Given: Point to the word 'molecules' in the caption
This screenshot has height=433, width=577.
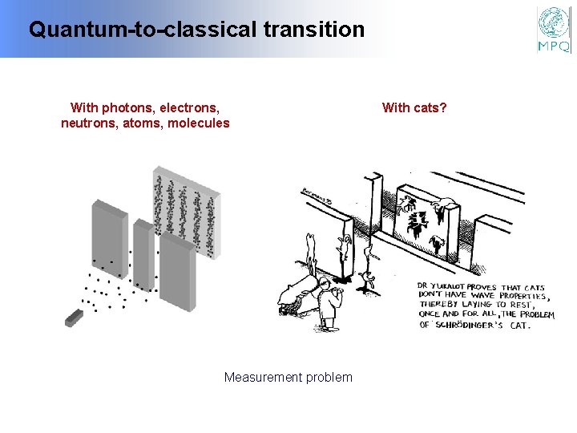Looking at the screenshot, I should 199,123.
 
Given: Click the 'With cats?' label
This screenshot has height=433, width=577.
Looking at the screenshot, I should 414,107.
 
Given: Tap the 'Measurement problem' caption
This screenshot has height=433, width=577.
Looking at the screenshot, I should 288,377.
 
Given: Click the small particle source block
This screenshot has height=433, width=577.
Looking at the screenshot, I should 74,317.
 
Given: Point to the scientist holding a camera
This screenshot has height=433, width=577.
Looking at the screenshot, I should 327,303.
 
